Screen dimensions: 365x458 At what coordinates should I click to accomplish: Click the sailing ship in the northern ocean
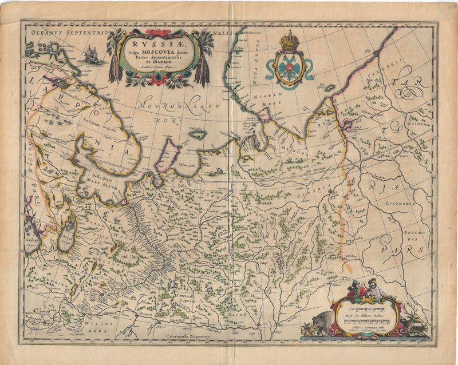pyautogui.click(x=90, y=55)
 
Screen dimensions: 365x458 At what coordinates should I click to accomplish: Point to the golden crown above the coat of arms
pyautogui.click(x=289, y=41)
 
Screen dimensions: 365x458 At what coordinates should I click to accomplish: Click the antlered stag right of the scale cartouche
pyautogui.click(x=413, y=323)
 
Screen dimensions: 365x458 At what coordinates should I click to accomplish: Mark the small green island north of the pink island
pyautogui.click(x=198, y=134)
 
